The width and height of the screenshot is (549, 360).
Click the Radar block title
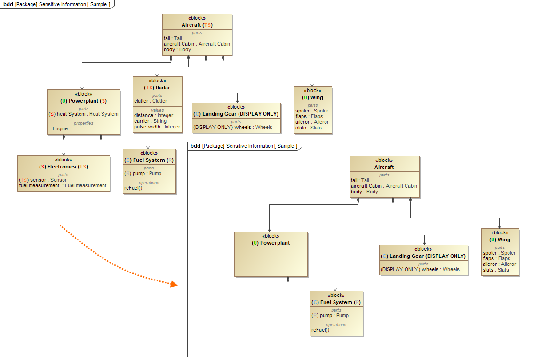coord(157,88)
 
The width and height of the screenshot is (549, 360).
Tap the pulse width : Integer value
coord(157,127)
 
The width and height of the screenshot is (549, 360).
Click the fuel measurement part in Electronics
coord(63,185)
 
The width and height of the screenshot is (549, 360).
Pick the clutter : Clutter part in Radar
coord(151,101)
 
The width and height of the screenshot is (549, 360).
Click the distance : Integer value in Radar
coord(153,115)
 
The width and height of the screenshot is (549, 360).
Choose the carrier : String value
coord(150,121)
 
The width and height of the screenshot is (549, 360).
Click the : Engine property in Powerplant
coord(59,128)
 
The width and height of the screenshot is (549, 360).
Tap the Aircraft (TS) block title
coord(197,25)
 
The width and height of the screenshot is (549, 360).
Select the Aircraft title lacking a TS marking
coord(384,167)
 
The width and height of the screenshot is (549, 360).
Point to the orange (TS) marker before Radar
coord(149,88)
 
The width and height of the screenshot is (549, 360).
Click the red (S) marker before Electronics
coord(42,167)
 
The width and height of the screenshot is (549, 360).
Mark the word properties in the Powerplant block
coord(83,123)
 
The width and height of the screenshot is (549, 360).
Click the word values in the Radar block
coord(157,110)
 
